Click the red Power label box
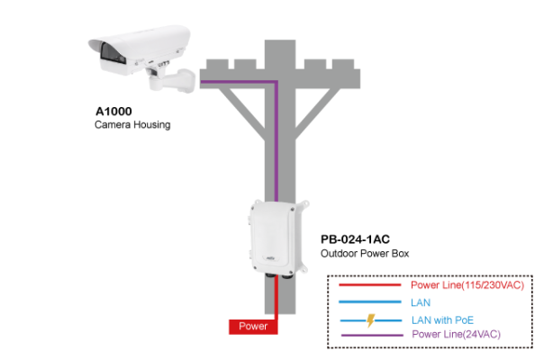coord(253,326)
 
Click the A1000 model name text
coord(113,112)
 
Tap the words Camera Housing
coord(132,125)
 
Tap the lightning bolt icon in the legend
coord(369,319)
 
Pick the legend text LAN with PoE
coord(442,319)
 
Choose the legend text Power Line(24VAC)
coord(455,334)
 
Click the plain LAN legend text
coord(421,302)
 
